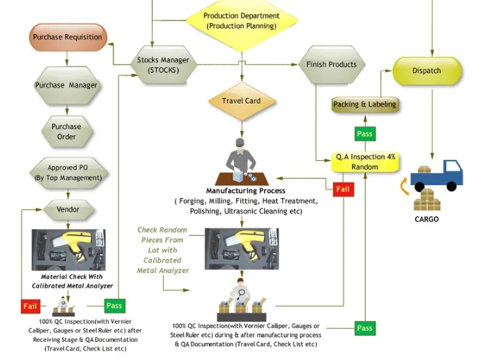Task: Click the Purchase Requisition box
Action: pyautogui.click(x=68, y=37)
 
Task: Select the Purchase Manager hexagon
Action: pyautogui.click(x=66, y=85)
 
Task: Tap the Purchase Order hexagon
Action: pyautogui.click(x=66, y=132)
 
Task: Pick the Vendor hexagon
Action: pyautogui.click(x=68, y=209)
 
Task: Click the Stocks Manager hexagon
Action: pyautogui.click(x=163, y=65)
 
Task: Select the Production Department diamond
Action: pyautogui.click(x=241, y=21)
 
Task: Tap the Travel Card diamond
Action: pyautogui.click(x=241, y=101)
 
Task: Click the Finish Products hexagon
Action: pyautogui.click(x=332, y=65)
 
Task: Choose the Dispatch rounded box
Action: pyautogui.click(x=426, y=70)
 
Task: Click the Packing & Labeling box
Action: pyautogui.click(x=364, y=104)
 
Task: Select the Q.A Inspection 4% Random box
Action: pyautogui.click(x=365, y=162)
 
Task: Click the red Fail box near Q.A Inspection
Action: pyautogui.click(x=343, y=189)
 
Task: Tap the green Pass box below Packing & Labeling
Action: pyautogui.click(x=364, y=134)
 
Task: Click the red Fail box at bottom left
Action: pyautogui.click(x=30, y=306)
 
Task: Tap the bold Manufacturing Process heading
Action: pyautogui.click(x=245, y=191)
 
